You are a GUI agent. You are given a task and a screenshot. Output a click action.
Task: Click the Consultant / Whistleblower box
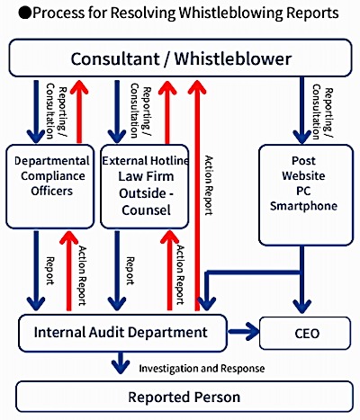[x=180, y=58]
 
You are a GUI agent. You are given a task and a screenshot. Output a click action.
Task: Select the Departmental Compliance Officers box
[x=50, y=186]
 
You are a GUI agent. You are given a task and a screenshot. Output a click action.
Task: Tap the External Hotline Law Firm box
[x=145, y=186]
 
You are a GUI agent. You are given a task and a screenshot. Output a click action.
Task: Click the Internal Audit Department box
[x=122, y=333]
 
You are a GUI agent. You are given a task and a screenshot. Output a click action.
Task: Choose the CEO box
[x=305, y=333]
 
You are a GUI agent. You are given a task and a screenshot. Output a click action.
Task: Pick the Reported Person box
[x=184, y=397]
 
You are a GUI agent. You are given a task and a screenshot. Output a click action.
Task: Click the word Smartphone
[x=303, y=206]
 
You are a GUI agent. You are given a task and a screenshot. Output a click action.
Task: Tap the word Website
[x=303, y=175]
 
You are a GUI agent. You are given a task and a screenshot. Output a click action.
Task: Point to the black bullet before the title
[x=25, y=13]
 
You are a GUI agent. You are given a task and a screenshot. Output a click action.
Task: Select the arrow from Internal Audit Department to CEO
[x=243, y=332]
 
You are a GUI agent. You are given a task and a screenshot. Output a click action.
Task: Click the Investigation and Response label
[x=202, y=368]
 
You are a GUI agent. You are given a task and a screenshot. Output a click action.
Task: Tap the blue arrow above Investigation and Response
[x=121, y=362]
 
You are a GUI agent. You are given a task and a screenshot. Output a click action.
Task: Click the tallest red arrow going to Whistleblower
[x=197, y=195]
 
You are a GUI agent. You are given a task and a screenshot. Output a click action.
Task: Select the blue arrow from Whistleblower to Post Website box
[x=301, y=111]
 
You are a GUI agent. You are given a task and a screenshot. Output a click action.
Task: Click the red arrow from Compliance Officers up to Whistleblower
[x=79, y=112]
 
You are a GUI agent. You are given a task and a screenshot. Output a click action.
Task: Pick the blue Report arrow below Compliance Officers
[x=36, y=270]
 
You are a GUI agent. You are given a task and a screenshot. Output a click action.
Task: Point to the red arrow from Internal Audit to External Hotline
[x=169, y=270]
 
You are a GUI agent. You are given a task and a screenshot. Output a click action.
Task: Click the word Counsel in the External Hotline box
[x=146, y=210]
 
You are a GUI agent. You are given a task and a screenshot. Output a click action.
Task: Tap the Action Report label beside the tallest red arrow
[x=209, y=185]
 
